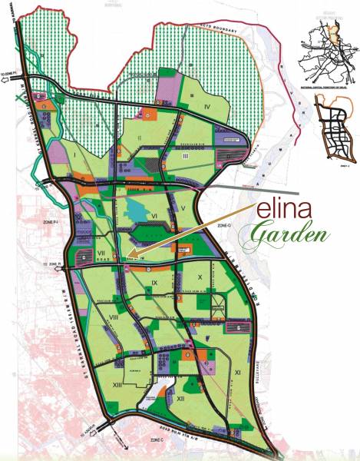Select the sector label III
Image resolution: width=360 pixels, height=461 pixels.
[186, 155]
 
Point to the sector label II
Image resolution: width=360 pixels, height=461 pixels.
[139, 138]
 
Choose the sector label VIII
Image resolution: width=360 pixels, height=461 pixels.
[113, 315]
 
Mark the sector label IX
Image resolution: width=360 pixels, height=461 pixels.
[154, 284]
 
